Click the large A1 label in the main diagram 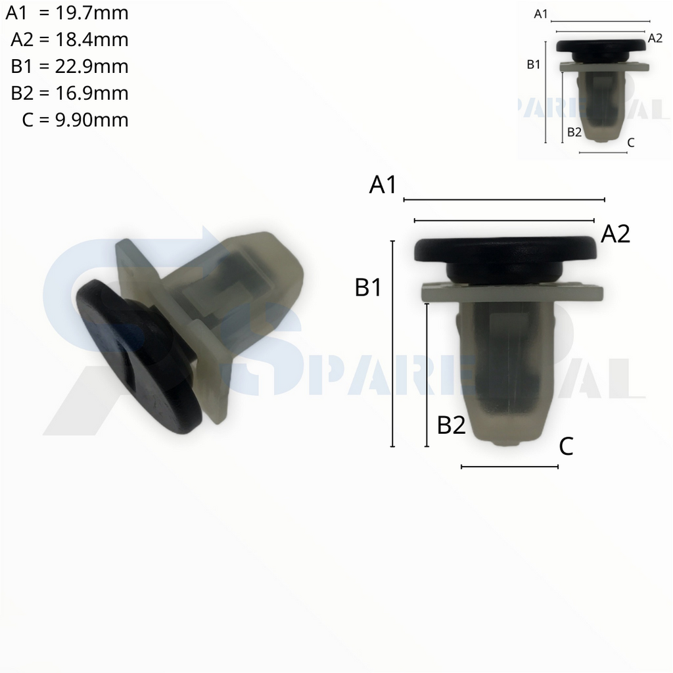383,185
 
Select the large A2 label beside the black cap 616,234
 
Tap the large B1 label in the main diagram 368,288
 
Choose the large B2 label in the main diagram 452,426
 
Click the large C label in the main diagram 566,447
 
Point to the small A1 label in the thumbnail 541,14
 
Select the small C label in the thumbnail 631,142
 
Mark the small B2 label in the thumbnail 574,131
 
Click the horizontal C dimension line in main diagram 510,467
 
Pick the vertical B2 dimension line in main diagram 427,375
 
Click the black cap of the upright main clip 506,250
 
